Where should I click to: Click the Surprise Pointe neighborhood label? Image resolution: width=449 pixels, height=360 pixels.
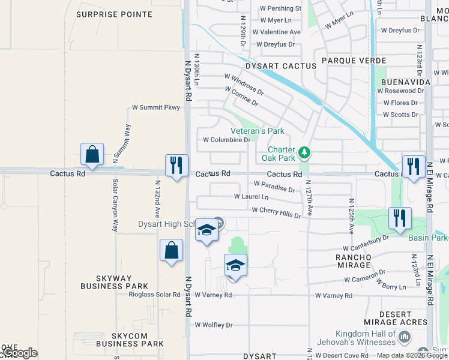click(x=115, y=14)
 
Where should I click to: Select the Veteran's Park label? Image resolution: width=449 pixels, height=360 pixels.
click(x=258, y=131)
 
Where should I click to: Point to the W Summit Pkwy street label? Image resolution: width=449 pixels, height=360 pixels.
click(x=156, y=108)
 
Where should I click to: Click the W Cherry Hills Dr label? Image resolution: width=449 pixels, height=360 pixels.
click(x=276, y=211)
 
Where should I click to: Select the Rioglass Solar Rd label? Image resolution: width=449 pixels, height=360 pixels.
click(x=155, y=295)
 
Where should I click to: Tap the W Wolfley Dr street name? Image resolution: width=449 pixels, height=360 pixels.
click(x=213, y=325)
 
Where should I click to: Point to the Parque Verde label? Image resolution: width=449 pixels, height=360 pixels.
click(x=347, y=61)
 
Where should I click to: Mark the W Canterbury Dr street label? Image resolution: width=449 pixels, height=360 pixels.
click(x=366, y=243)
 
